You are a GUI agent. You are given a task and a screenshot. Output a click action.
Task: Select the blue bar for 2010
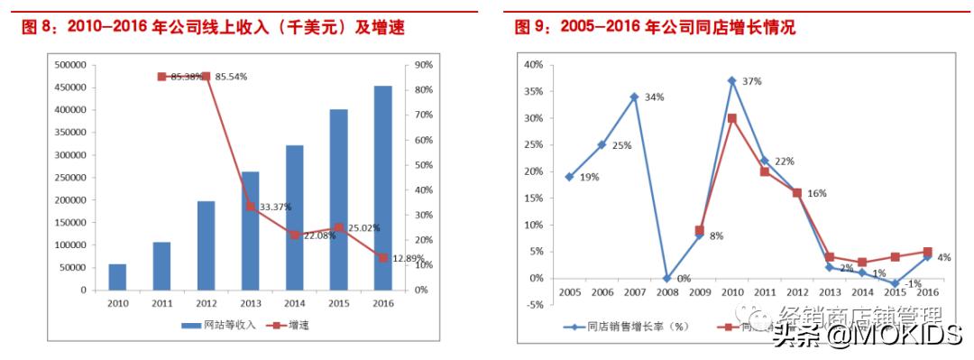117,277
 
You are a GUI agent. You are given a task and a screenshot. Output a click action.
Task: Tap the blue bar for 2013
250,230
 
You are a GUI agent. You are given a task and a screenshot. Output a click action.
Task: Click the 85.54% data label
232,77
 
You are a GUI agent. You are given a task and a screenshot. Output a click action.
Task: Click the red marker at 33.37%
250,207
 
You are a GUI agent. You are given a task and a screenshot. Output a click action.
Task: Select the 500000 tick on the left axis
71,65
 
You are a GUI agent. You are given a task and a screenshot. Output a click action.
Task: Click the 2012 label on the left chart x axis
206,304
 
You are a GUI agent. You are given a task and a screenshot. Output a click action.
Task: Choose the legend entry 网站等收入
225,325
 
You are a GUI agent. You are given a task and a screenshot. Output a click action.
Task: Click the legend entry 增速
297,325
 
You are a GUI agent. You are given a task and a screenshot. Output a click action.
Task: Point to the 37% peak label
751,81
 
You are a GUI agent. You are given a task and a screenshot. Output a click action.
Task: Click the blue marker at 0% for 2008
666,278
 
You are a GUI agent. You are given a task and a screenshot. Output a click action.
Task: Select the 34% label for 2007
654,97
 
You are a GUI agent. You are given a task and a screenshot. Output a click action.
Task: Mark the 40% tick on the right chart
532,65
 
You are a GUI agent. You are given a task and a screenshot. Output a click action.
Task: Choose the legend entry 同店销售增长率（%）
631,328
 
